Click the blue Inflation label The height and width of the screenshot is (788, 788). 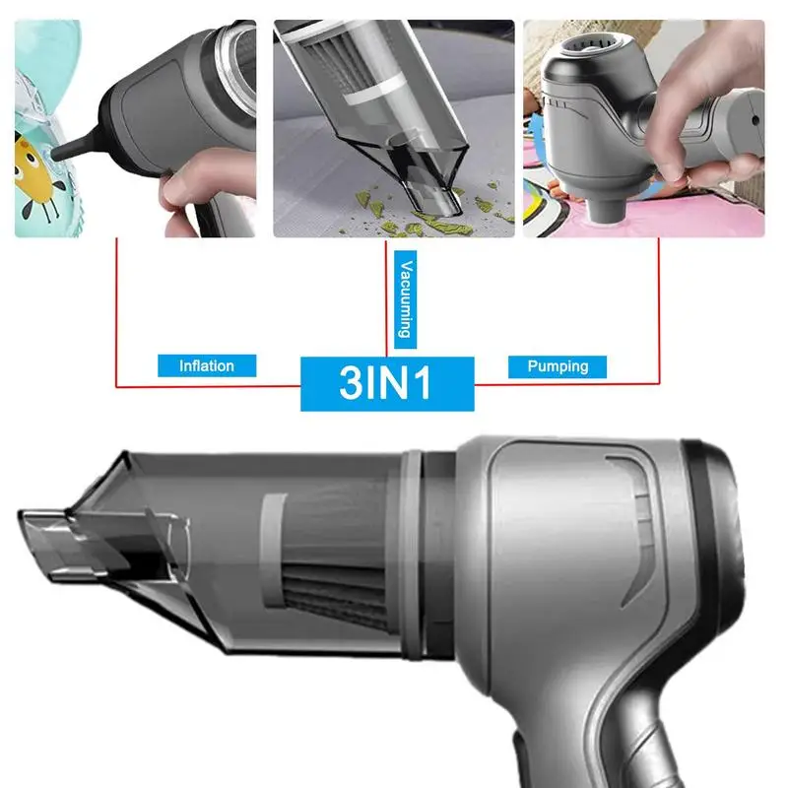click(207, 365)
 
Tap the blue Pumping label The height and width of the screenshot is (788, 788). click(558, 366)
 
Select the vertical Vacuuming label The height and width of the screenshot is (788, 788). click(405, 299)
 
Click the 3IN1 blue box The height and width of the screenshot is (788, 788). click(387, 383)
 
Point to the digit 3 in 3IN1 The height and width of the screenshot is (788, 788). click(351, 382)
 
